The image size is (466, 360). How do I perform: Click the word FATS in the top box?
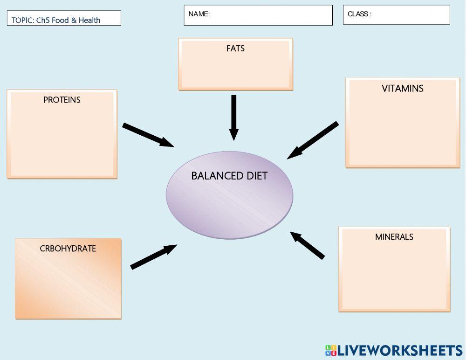[x=235, y=48]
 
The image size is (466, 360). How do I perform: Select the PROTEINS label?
[x=62, y=100]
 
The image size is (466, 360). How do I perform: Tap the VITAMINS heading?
[x=402, y=89]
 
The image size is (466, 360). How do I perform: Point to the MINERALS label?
[x=394, y=237]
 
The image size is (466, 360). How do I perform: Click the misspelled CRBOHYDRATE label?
[x=68, y=249]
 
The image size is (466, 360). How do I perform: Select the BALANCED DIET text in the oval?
[x=229, y=176]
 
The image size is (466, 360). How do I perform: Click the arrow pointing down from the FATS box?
[x=234, y=117]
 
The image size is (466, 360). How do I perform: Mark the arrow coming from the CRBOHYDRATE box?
[x=153, y=257]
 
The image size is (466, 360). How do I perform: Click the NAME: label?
[x=199, y=14]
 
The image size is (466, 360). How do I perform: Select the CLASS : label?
[x=359, y=14]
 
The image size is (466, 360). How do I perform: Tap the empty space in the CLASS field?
[x=410, y=15]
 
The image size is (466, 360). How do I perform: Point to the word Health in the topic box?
[x=89, y=20]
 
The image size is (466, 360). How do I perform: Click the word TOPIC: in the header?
[x=23, y=20]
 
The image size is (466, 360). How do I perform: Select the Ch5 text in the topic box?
[x=43, y=20]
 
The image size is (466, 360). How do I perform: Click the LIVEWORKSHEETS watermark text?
[x=399, y=351]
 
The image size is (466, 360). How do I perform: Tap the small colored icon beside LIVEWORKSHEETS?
[x=330, y=351]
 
